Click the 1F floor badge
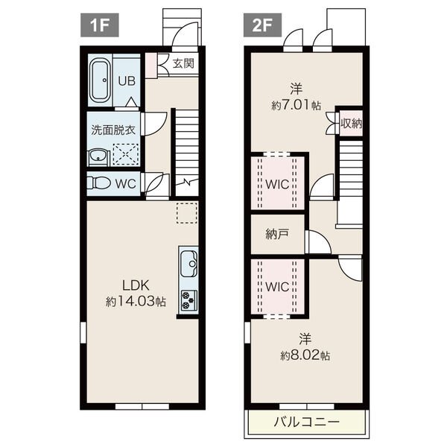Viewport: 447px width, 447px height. (100, 25)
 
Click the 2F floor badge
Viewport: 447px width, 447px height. (262, 25)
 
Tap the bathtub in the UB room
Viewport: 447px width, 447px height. (100, 80)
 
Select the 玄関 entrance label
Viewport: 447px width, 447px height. (183, 63)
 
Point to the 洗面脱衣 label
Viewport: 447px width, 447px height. (113, 130)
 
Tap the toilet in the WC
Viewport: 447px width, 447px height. (98, 183)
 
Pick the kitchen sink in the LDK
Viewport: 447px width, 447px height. (188, 264)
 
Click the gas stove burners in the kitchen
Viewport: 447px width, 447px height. (188, 300)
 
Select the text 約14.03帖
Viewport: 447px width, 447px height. (136, 301)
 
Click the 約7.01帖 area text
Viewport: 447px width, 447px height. (297, 106)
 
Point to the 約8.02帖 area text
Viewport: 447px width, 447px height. (305, 355)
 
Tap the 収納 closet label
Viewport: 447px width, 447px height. (352, 124)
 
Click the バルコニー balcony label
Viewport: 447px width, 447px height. (307, 422)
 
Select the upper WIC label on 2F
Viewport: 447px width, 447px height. (277, 185)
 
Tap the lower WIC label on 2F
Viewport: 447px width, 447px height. (277, 287)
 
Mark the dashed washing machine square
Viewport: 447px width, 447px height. (126, 154)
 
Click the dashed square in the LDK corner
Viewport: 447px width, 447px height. (187, 212)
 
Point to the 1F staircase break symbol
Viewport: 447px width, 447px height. (187, 182)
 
